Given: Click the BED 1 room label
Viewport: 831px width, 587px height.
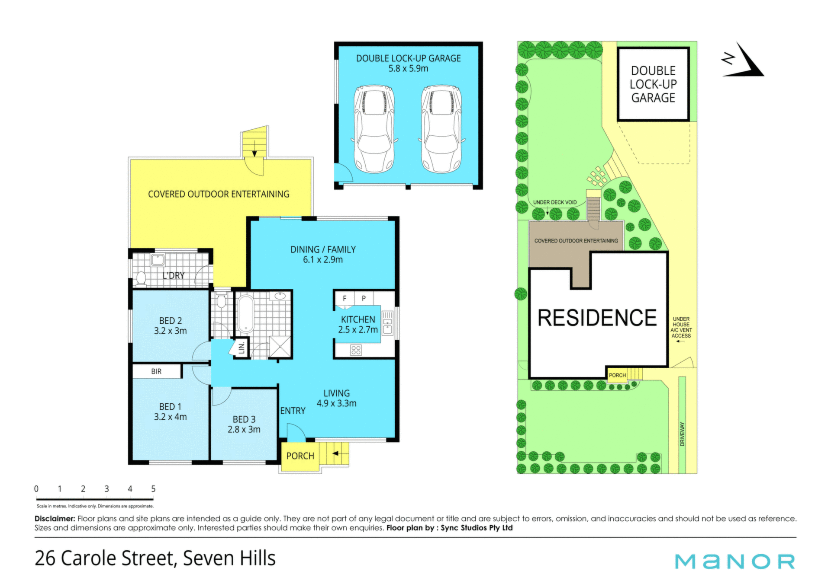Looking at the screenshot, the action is pos(170,407).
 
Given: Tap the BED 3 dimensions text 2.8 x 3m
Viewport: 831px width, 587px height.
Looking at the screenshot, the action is pos(244,429).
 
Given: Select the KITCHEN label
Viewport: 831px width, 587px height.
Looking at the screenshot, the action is pos(358,319).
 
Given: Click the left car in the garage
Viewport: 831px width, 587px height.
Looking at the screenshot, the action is pos(374,129).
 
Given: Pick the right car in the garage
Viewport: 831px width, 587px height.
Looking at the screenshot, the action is pos(441,129).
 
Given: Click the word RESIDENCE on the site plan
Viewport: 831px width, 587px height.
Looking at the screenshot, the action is pos(597,318).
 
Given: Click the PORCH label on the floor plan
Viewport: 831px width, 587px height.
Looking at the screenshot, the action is pos(300,456).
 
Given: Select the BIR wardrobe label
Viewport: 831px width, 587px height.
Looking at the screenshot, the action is pos(156,371).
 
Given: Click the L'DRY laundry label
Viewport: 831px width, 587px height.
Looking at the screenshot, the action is pos(174,275).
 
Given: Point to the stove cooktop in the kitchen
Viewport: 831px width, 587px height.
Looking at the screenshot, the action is pos(356,350).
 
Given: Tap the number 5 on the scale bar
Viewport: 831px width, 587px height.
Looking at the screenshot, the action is pos(153,489).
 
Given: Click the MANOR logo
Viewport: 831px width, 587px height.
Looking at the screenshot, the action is pos(735,561).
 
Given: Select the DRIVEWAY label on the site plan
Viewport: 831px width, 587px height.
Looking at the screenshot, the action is pos(683,434).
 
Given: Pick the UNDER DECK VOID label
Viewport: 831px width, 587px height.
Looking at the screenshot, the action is pos(555,202).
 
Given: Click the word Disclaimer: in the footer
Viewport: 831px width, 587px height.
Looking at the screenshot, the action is pos(55,519).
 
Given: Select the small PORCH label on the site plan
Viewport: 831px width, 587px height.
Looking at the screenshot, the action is pos(617,375).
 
